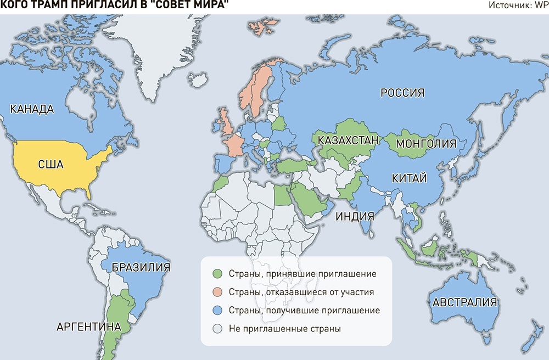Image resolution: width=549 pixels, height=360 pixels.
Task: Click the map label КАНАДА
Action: (32, 109)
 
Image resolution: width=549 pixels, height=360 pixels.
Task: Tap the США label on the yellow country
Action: (51, 164)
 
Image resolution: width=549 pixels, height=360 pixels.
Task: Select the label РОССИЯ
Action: (402, 93)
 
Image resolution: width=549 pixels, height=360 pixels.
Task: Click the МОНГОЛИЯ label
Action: (426, 144)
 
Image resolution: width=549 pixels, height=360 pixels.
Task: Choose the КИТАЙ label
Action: (406, 178)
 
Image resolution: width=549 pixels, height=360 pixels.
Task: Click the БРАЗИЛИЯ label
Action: (140, 267)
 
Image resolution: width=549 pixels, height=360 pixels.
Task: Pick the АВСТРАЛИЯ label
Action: (464, 302)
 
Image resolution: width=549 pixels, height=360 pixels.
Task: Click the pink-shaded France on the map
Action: (235, 145)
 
